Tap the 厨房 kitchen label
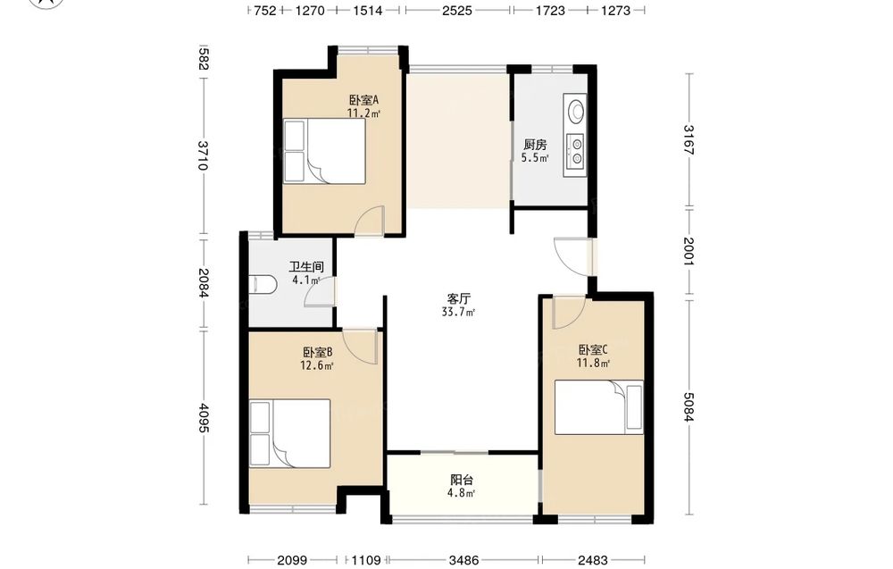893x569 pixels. [x=535, y=146]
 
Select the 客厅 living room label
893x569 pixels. [x=458, y=299]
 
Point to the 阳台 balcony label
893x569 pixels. [x=462, y=481]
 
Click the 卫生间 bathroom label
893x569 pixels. [x=306, y=266]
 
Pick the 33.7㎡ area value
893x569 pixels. [x=458, y=312]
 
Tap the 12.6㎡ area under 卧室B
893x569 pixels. [x=317, y=365]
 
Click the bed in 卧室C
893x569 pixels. [x=599, y=407]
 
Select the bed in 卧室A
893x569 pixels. [x=325, y=151]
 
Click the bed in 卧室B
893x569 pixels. [x=290, y=433]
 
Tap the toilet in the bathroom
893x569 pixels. [x=263, y=284]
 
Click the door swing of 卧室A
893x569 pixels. [x=370, y=220]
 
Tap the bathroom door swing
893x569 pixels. [x=320, y=292]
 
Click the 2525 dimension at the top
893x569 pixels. [x=456, y=10]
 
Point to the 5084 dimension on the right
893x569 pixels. [x=689, y=406]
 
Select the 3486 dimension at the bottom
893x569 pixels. [x=463, y=560]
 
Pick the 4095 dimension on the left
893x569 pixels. [x=202, y=417]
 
